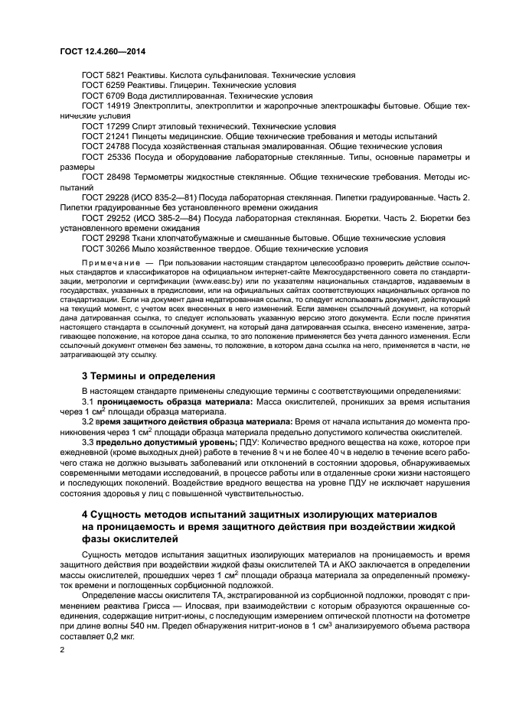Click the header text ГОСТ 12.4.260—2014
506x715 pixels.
click(x=103, y=50)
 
